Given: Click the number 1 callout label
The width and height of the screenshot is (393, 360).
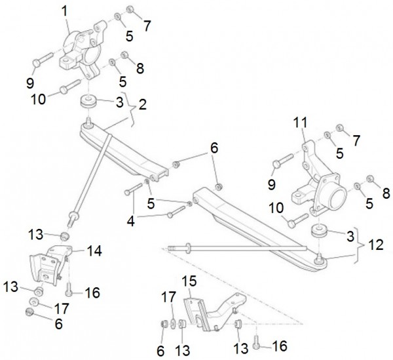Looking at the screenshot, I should click(x=64, y=11).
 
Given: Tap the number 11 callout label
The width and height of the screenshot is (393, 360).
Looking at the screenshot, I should click(x=300, y=123).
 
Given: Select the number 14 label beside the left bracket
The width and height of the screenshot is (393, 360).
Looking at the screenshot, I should click(x=95, y=250).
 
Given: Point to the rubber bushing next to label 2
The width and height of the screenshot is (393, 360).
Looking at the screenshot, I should click(x=88, y=103).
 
